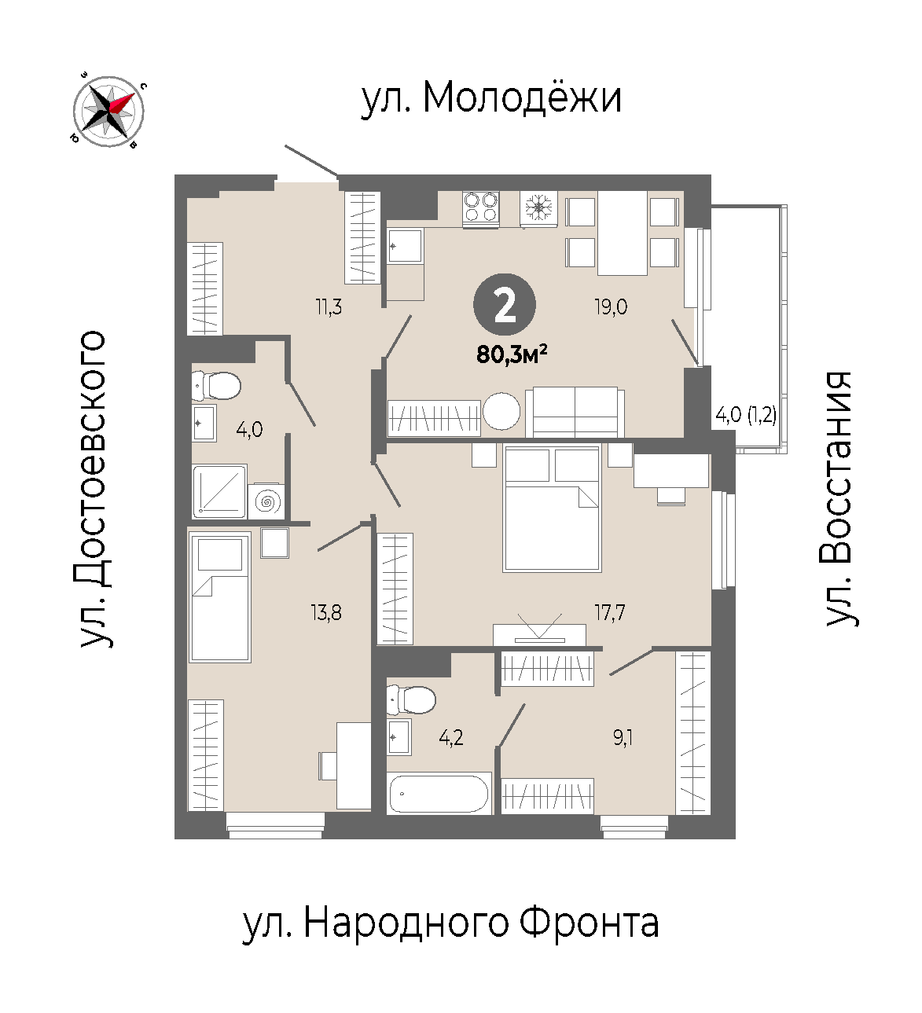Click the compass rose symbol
click(108, 111)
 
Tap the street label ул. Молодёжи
click(491, 98)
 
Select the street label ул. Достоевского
click(94, 489)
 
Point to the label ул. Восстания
click(839, 499)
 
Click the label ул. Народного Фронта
click(451, 923)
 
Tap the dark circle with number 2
click(504, 304)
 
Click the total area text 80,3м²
click(512, 354)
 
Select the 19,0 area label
click(611, 306)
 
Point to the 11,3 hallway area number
click(329, 306)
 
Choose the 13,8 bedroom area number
click(326, 613)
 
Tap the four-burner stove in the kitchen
click(481, 208)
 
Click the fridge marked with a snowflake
click(538, 208)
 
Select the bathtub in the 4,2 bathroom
click(439, 793)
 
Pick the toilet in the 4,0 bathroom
click(216, 386)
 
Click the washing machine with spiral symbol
click(266, 501)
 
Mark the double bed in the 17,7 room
click(552, 508)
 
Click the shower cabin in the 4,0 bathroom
click(220, 491)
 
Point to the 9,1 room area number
click(623, 738)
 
